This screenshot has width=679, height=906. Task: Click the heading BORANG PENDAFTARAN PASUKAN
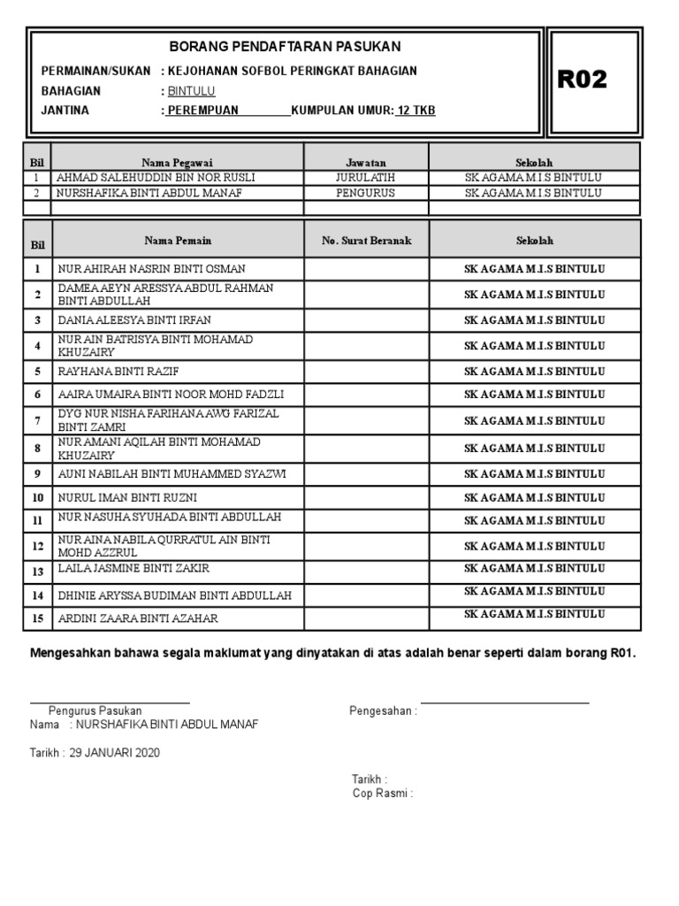coord(284,46)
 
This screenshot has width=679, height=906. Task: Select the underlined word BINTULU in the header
coord(191,91)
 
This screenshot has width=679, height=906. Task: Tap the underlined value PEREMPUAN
coord(202,111)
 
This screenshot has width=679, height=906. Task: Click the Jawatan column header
coord(366,163)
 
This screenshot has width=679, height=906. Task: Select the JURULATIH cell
coord(366,178)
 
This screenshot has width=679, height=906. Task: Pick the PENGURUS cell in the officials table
coord(366,192)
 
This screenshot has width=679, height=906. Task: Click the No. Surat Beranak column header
coord(366,241)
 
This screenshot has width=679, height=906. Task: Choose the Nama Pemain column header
coord(178,241)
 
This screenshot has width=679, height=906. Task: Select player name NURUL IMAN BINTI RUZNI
coord(127,498)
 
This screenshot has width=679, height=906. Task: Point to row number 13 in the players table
coord(37,572)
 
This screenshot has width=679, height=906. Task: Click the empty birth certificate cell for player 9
coord(366,474)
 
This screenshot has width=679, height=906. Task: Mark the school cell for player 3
coord(535,320)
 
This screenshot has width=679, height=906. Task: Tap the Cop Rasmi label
coord(382,794)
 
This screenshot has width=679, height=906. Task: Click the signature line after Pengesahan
coord(504,703)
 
